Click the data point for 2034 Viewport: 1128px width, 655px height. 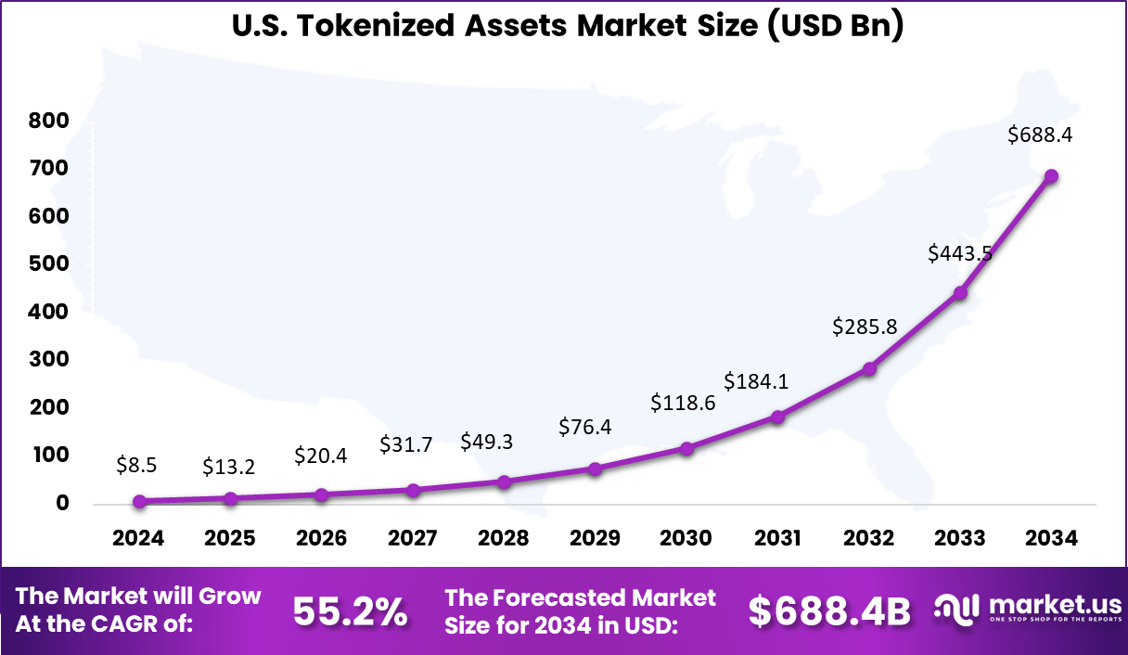(x=1051, y=176)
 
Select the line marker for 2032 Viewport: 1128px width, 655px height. (x=869, y=368)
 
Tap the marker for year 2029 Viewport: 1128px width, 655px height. (x=596, y=469)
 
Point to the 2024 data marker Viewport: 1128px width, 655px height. (x=139, y=501)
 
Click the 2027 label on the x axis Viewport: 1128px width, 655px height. (x=413, y=539)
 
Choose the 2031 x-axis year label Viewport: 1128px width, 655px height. (x=777, y=539)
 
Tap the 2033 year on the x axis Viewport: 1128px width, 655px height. (x=960, y=539)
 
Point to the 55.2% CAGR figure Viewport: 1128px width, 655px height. (x=350, y=611)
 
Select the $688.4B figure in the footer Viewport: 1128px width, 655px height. (x=829, y=611)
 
